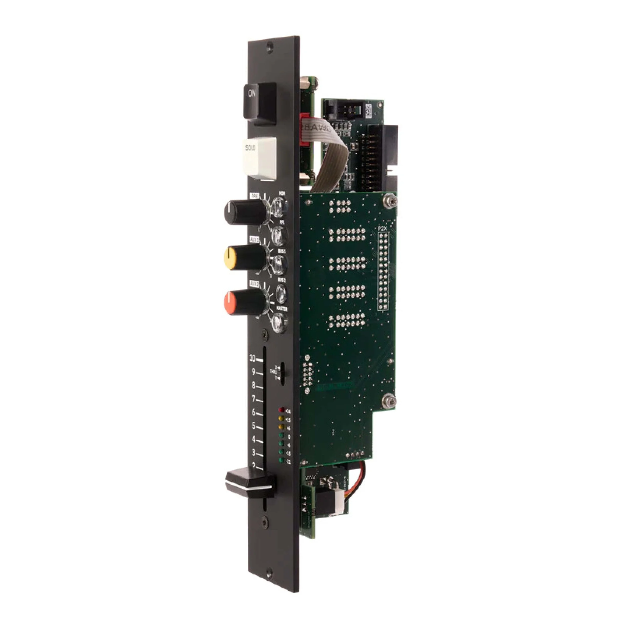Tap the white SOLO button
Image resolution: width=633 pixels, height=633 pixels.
(x=259, y=157)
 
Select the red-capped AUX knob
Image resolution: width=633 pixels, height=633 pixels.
(x=244, y=302)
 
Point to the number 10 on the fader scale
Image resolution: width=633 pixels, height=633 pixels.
(x=252, y=358)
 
